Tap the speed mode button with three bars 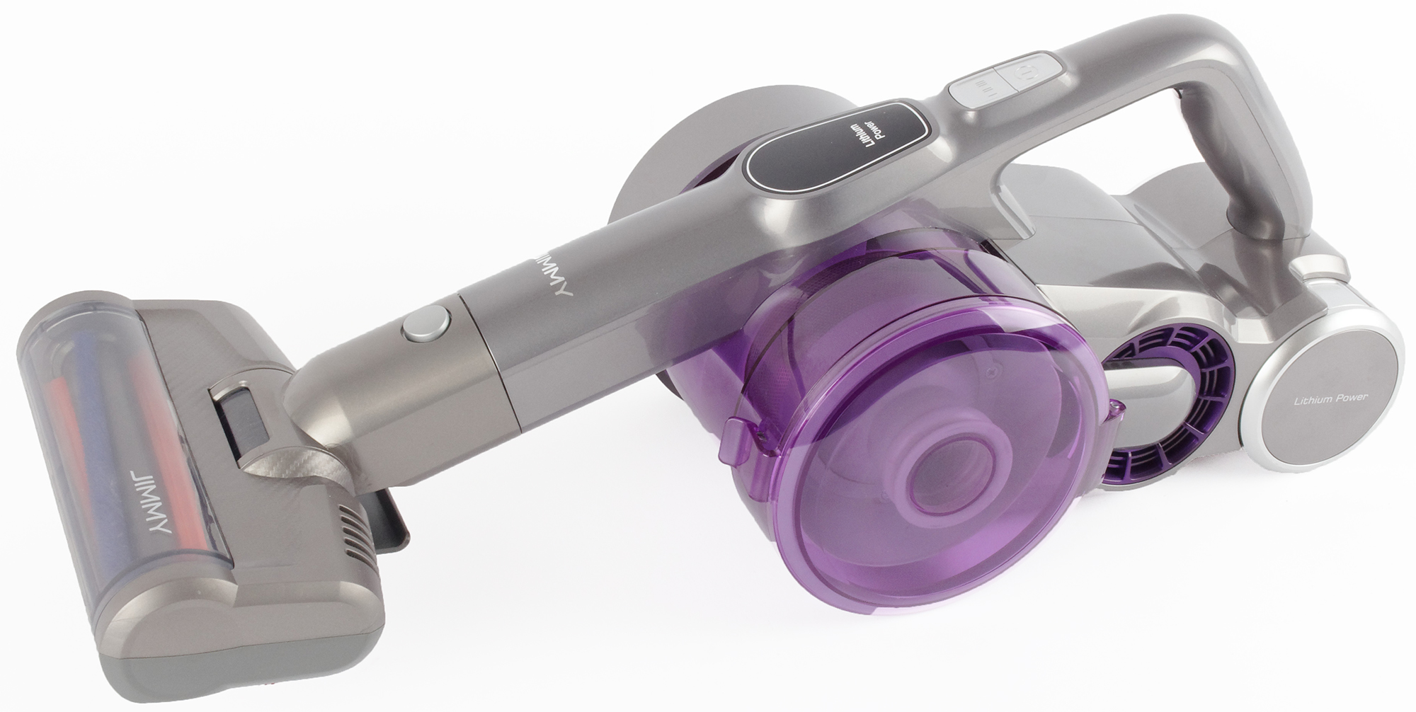(979, 88)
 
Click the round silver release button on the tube (426, 325)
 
